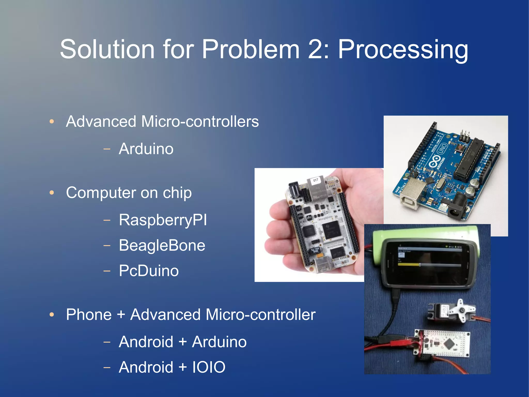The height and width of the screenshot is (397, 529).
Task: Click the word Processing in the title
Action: click(x=403, y=50)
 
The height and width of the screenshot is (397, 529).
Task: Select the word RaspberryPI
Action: click(x=163, y=220)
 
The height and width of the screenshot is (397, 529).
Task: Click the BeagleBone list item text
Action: click(x=162, y=245)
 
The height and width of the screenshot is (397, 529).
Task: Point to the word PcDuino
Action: click(x=149, y=271)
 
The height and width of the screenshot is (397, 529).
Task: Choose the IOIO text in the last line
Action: click(x=209, y=367)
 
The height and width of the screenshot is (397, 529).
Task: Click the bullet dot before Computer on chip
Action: click(x=52, y=193)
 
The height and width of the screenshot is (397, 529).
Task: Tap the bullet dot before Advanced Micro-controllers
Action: click(x=52, y=121)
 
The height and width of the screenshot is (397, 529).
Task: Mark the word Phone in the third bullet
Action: click(x=89, y=314)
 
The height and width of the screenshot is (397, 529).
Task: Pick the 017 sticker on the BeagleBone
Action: click(x=316, y=180)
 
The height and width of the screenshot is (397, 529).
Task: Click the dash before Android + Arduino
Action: click(x=107, y=342)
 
